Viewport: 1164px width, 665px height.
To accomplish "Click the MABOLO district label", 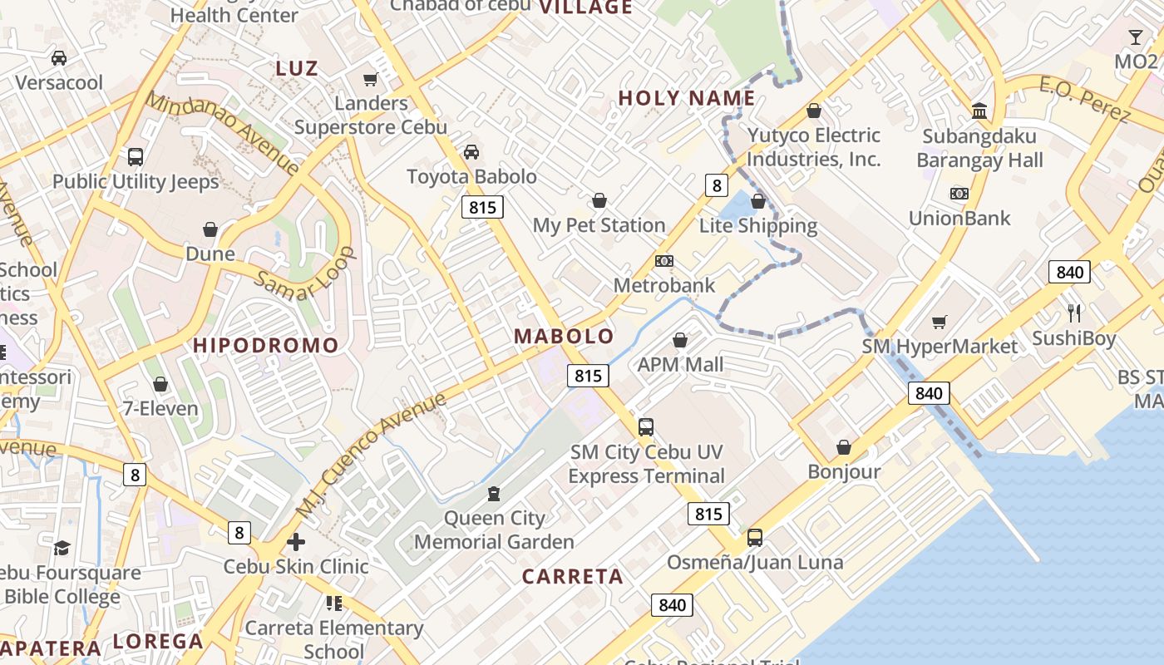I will click(x=564, y=337).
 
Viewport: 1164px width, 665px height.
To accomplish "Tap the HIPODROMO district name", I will click(x=266, y=345).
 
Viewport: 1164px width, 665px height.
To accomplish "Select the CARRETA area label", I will click(x=572, y=577).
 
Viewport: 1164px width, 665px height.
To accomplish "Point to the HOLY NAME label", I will click(x=687, y=98).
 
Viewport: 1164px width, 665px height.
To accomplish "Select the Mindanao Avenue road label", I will click(x=222, y=132).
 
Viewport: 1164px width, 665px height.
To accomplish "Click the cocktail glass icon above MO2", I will click(x=1136, y=37).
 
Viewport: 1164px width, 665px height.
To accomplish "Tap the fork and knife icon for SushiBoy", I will click(x=1074, y=313).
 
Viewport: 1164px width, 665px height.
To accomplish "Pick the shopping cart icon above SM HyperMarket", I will click(x=940, y=322).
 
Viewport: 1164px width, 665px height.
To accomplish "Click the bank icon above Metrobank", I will click(x=663, y=261).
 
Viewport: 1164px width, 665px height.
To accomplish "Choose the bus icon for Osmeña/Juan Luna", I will click(x=755, y=538).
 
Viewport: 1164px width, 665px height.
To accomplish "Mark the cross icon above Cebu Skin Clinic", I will click(x=295, y=542).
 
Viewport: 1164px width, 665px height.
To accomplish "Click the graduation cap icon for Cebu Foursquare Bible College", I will click(x=62, y=548).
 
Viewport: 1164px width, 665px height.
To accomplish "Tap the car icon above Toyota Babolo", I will click(x=471, y=152).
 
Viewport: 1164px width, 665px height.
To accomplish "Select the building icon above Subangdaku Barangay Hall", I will click(x=979, y=111).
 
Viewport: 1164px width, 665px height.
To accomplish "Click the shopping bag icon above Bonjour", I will click(x=844, y=448).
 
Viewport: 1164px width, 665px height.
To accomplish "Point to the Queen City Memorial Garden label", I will click(x=494, y=530).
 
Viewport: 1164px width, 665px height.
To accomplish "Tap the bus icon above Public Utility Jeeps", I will click(x=135, y=157).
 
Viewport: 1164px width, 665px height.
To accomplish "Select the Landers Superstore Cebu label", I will click(x=371, y=116).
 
